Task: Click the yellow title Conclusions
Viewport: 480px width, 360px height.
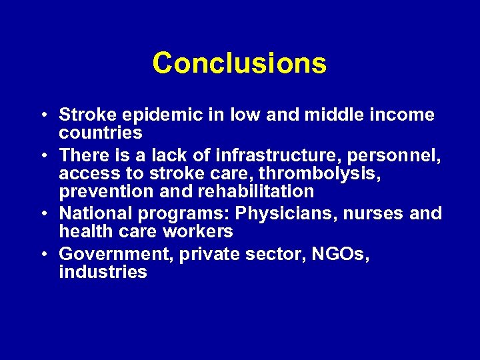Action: click(x=239, y=64)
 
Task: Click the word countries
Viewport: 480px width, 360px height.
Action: click(x=101, y=133)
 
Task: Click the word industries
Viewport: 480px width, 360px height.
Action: click(x=103, y=272)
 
